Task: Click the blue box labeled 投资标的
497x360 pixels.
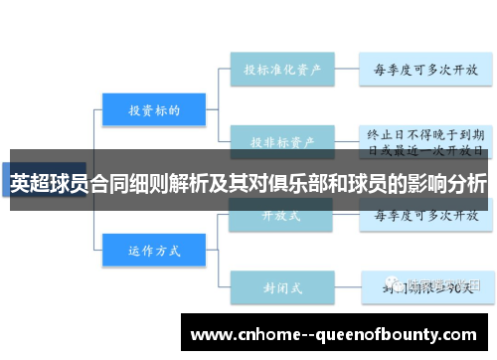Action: pyautogui.click(x=153, y=110)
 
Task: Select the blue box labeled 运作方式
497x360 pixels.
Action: pyautogui.click(x=153, y=251)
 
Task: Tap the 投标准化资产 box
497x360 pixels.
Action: pyautogui.click(x=281, y=71)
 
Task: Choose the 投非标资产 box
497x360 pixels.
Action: pyautogui.click(x=281, y=140)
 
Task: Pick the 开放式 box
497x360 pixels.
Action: pyautogui.click(x=281, y=213)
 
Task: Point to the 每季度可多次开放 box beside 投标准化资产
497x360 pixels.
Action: pyautogui.click(x=425, y=71)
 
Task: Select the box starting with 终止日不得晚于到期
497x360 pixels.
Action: pyautogui.click(x=425, y=140)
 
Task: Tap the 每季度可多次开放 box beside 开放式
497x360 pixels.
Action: pyautogui.click(x=425, y=213)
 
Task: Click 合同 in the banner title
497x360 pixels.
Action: pyautogui.click(x=108, y=185)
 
